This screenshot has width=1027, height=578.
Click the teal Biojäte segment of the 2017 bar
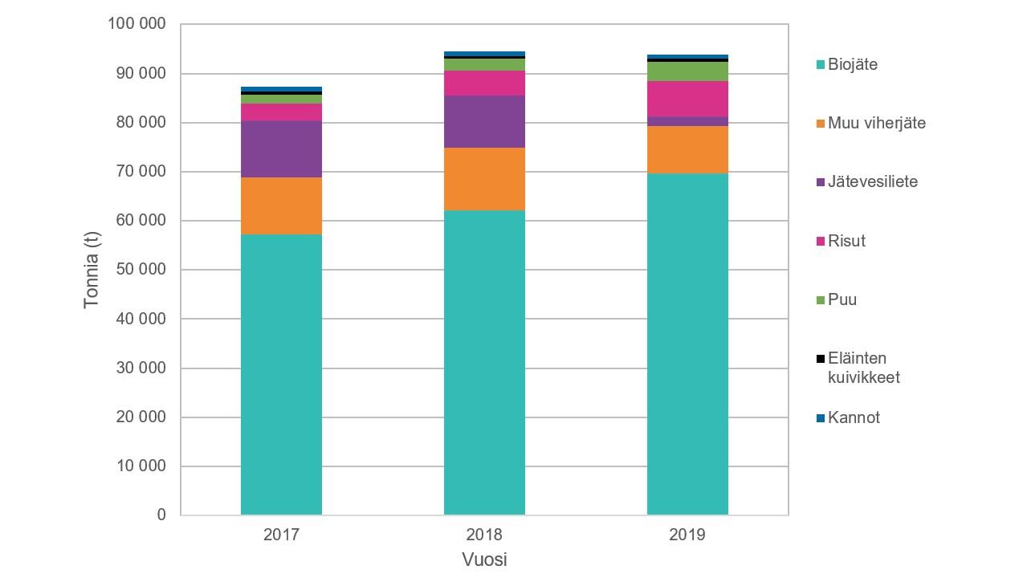coord(281,374)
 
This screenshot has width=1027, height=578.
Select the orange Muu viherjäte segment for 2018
coord(484,179)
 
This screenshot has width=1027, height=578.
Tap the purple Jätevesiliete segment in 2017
coord(281,149)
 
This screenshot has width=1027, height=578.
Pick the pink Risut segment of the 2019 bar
coord(687,99)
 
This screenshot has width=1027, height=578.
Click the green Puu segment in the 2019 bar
coord(687,71)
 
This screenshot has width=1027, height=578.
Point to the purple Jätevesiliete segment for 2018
coord(484,122)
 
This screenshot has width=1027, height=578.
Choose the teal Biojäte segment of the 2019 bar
coord(687,344)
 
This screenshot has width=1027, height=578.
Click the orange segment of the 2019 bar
coord(687,149)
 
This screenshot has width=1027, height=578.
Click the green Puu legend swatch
coord(821,300)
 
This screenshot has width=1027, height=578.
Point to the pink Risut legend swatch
coord(821,242)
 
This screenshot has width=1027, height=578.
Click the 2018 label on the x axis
coord(484,535)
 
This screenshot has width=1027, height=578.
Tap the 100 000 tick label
coord(137,25)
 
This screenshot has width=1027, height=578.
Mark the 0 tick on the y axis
coord(161,515)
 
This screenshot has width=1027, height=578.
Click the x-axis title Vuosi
coord(484,560)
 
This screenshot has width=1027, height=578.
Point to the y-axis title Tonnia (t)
coord(92,270)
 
